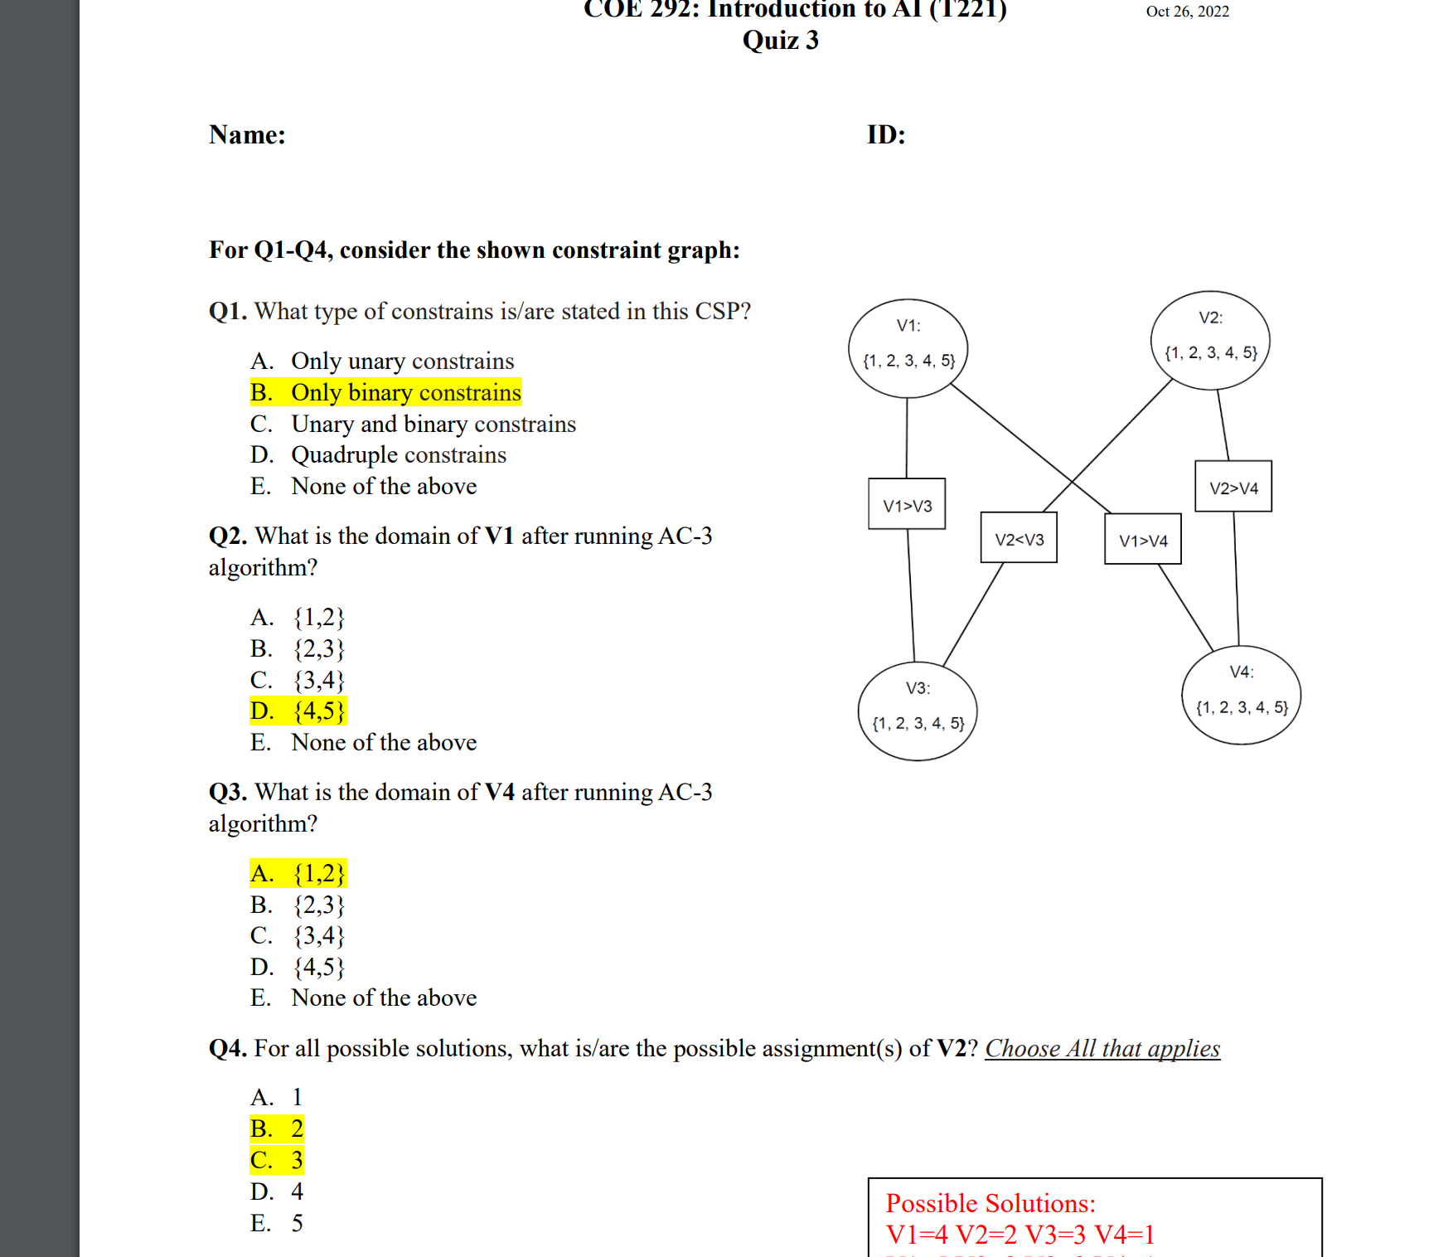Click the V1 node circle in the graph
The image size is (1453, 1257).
click(908, 347)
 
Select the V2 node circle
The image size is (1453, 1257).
click(1210, 340)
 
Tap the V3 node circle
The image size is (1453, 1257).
click(918, 711)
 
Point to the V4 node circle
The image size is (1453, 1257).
click(1241, 695)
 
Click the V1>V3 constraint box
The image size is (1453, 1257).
click(907, 504)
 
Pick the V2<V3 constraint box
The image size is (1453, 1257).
click(1019, 538)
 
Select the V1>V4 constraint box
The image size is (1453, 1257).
click(1143, 539)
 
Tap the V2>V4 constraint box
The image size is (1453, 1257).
click(1233, 487)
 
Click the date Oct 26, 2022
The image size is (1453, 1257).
click(1187, 12)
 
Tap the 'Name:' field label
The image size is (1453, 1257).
click(247, 134)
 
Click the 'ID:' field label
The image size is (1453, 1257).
click(886, 134)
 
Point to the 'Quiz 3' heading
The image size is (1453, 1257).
click(780, 40)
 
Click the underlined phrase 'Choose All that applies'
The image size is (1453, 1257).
click(1102, 1048)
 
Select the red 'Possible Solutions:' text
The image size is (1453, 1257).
click(990, 1203)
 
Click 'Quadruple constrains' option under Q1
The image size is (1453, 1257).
click(398, 454)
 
